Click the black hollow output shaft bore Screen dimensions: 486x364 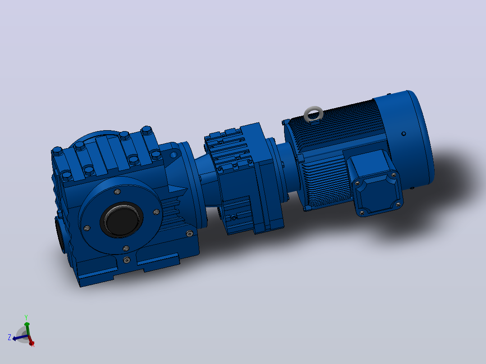click(x=122, y=220)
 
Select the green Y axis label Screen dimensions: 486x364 click(x=26, y=318)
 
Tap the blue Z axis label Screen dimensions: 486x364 click(x=9, y=337)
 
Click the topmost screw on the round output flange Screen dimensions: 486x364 click(x=117, y=192)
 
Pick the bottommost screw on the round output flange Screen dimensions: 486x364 click(x=126, y=249)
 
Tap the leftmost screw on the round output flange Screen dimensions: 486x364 click(x=87, y=228)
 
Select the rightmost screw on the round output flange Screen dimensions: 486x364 click(x=156, y=212)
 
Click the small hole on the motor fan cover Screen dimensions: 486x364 click(x=403, y=133)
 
